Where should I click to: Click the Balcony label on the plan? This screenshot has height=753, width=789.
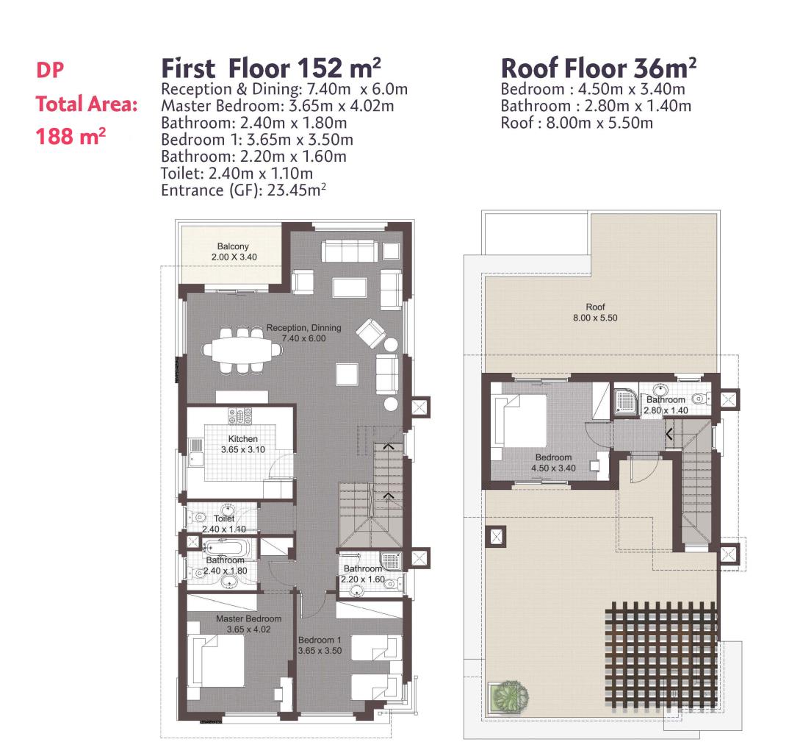[234, 251]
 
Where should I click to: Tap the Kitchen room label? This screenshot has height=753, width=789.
[243, 444]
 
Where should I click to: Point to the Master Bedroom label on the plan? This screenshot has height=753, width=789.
[248, 624]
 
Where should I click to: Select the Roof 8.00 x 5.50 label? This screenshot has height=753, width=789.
[595, 313]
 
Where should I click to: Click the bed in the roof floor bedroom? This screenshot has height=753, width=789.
[521, 420]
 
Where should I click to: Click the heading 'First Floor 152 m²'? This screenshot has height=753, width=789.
[271, 68]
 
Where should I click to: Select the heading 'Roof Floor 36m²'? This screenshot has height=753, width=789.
[599, 68]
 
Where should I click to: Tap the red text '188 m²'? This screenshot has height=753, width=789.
[71, 136]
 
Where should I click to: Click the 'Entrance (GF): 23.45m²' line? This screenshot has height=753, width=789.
[244, 190]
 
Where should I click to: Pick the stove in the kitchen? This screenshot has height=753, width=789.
[240, 415]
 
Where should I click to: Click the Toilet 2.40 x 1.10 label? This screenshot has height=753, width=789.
[224, 524]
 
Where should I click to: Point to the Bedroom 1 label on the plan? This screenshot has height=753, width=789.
[320, 645]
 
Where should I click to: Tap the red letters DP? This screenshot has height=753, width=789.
[50, 70]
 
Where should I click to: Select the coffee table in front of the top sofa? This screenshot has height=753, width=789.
[349, 288]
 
